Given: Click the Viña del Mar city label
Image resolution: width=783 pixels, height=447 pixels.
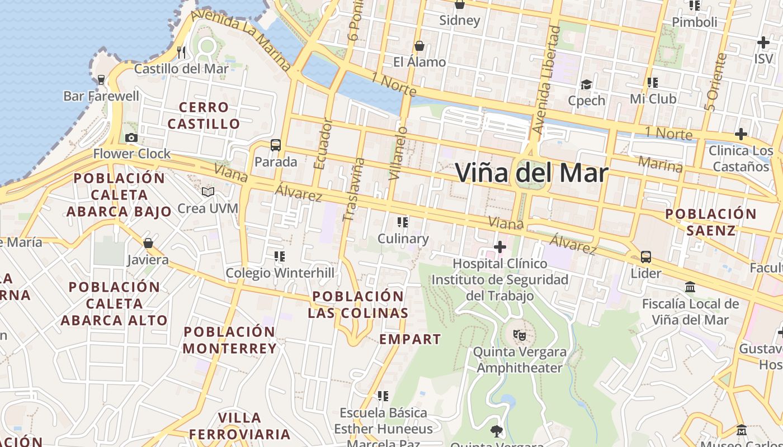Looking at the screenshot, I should click(531, 173).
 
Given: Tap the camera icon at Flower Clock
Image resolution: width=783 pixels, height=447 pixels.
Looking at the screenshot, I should click(131, 137).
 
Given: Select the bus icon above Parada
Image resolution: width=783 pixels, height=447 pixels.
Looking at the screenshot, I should click(275, 145).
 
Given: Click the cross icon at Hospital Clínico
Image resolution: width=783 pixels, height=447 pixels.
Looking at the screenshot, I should click(499, 246).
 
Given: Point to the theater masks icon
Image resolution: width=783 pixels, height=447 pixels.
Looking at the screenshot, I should click(520, 335).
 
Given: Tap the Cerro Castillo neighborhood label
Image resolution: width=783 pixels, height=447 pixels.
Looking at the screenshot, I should click(204, 115).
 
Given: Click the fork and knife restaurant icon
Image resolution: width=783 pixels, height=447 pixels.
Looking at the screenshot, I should click(181, 53).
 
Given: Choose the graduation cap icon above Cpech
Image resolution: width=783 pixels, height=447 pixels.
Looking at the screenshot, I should click(586, 84).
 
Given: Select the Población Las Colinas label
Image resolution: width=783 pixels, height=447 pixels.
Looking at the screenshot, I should click(358, 305).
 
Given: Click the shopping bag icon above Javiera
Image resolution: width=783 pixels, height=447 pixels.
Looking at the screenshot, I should click(148, 243).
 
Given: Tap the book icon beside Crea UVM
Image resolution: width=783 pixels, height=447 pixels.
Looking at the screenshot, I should click(208, 192).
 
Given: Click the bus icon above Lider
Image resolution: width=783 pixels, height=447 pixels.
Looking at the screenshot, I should click(645, 257).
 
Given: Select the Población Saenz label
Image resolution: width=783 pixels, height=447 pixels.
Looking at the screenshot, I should click(710, 222).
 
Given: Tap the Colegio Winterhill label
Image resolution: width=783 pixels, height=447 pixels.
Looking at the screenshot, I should click(280, 273).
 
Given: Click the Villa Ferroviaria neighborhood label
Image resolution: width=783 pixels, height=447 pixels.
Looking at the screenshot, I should click(239, 426).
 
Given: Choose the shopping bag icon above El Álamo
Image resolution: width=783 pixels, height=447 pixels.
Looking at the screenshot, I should click(419, 46).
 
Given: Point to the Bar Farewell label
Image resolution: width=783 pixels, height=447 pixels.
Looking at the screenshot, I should click(101, 96).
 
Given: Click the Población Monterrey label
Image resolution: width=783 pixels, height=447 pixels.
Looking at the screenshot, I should click(229, 340).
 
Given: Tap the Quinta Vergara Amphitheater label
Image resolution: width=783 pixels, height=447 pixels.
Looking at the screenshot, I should click(520, 360).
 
